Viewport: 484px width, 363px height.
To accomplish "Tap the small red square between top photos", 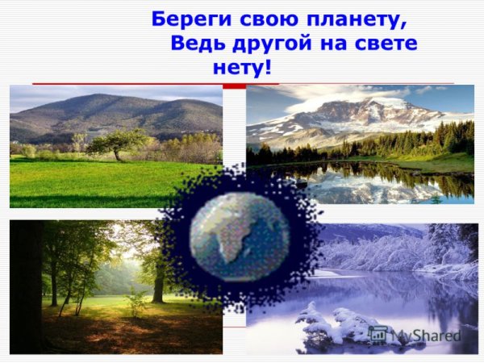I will pyautogui.click(x=234, y=85).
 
